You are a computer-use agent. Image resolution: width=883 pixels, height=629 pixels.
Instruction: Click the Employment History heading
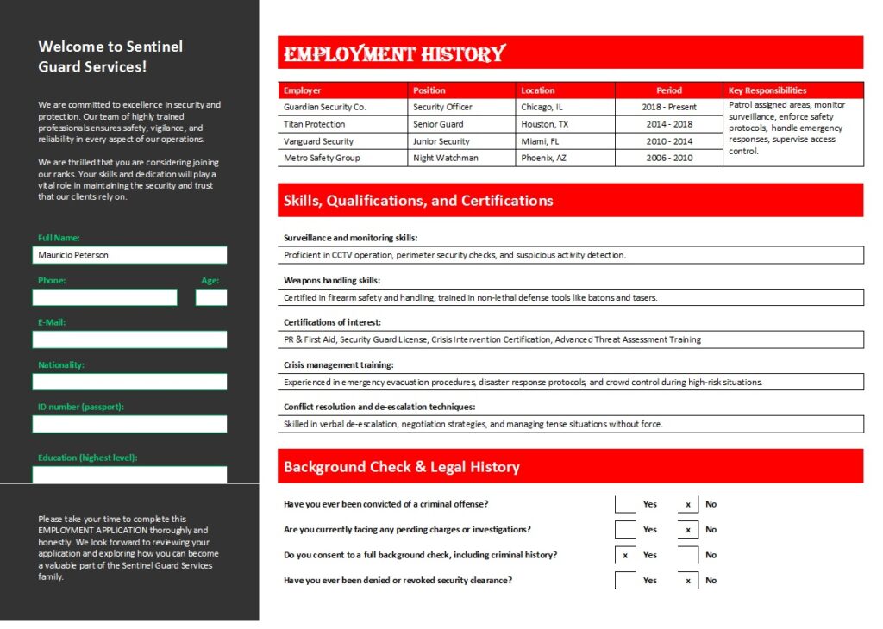click(x=395, y=54)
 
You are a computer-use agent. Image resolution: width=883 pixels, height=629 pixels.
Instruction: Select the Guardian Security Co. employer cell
click(x=324, y=108)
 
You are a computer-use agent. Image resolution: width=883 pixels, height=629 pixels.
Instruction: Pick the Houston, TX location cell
click(x=545, y=124)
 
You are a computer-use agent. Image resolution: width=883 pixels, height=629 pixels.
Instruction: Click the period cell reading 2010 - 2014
click(x=668, y=141)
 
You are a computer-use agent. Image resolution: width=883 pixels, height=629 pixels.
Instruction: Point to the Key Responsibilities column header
click(x=767, y=90)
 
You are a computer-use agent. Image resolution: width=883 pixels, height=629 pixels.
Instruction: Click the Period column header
click(x=668, y=90)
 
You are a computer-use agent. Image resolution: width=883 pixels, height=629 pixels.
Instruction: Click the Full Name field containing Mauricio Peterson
click(x=129, y=255)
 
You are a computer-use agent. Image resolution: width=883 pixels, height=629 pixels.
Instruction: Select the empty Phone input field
click(x=104, y=297)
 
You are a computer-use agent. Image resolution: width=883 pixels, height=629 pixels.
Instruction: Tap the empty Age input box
click(x=210, y=297)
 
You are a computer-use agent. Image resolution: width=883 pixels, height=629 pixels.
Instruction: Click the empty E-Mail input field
click(x=129, y=339)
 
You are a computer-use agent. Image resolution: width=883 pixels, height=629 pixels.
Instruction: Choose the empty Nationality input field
click(x=129, y=382)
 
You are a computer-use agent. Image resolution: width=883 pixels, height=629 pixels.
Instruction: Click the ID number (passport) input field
click(x=129, y=424)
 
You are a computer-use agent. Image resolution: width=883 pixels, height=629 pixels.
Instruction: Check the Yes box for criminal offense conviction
click(x=625, y=504)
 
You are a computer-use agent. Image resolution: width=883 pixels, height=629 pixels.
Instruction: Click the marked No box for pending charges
click(x=688, y=530)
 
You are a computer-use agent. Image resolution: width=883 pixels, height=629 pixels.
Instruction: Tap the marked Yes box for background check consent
click(x=625, y=555)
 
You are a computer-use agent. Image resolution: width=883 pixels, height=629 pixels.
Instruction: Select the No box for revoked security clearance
click(x=688, y=580)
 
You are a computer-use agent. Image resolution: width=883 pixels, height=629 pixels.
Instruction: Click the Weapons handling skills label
click(x=332, y=280)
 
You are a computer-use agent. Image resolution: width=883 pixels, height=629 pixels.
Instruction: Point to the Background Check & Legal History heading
click(x=402, y=467)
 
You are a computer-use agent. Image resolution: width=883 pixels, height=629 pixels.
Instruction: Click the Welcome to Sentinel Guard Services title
click(x=110, y=56)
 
